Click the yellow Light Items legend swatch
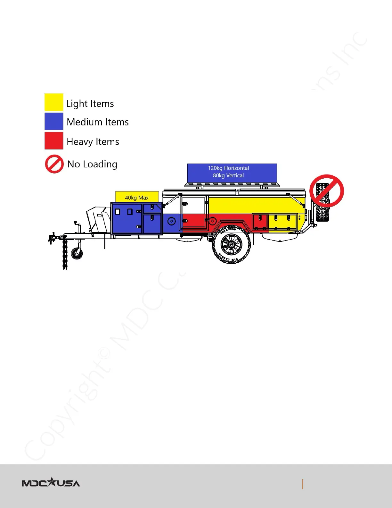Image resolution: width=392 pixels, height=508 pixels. pyautogui.click(x=54, y=102)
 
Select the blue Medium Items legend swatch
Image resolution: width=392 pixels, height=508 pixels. pyautogui.click(x=54, y=121)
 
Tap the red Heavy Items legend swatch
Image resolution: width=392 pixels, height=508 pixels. pyautogui.click(x=54, y=140)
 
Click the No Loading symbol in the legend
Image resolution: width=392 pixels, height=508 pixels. pyautogui.click(x=54, y=164)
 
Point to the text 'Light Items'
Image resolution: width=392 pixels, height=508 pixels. pyautogui.click(x=90, y=104)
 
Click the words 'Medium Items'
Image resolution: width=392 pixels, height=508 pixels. pyautogui.click(x=98, y=122)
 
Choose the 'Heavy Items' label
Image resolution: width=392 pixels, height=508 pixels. pyautogui.click(x=93, y=142)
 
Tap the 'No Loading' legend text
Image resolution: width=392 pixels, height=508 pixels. pyautogui.click(x=92, y=164)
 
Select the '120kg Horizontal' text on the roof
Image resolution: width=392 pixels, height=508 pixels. pyautogui.click(x=228, y=168)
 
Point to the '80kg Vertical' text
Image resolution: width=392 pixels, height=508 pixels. pyautogui.click(x=228, y=175)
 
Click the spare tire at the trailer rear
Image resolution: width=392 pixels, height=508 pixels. pyautogui.click(x=322, y=202)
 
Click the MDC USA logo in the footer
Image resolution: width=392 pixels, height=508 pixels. pyautogui.click(x=51, y=483)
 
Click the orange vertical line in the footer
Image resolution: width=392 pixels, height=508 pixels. pyautogui.click(x=302, y=484)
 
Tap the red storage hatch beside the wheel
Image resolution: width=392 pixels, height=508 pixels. pyautogui.click(x=260, y=222)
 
